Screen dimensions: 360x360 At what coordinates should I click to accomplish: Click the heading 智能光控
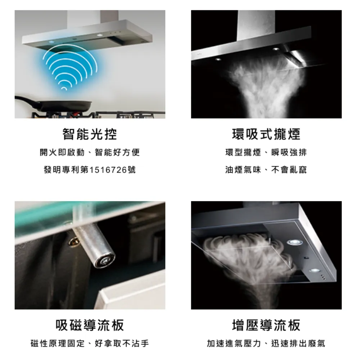(90, 134)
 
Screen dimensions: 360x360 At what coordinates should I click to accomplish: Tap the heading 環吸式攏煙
(266, 134)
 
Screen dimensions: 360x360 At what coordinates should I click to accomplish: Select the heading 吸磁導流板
(90, 325)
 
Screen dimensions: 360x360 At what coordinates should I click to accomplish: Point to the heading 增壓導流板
(266, 325)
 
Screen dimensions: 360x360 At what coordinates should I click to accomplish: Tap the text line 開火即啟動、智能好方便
(90, 152)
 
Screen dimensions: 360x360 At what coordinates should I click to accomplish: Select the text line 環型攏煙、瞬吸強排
(266, 152)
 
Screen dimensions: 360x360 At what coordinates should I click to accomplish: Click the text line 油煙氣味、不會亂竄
(266, 170)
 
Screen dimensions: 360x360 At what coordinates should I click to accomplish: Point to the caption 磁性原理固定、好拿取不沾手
(90, 343)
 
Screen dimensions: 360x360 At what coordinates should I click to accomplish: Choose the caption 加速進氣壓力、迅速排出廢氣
(266, 343)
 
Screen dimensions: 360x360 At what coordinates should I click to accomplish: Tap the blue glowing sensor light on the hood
(51, 42)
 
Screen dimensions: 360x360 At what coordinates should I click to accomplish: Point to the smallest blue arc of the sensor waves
(64, 89)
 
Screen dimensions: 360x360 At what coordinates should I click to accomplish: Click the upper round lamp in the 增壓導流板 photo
(292, 242)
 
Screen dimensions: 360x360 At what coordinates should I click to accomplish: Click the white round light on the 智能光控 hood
(100, 35)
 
